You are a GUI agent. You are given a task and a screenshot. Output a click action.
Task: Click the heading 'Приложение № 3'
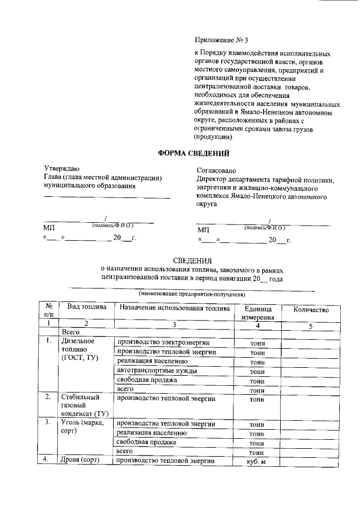click(220, 40)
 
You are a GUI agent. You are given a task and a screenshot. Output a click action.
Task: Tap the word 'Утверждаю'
click(62, 168)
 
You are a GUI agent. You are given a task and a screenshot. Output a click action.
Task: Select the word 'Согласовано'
click(216, 170)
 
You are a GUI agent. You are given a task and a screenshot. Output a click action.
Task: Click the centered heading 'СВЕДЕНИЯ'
click(192, 260)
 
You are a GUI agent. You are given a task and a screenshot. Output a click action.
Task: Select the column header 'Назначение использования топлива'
click(174, 308)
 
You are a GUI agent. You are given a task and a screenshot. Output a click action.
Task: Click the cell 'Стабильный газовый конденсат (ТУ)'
click(84, 406)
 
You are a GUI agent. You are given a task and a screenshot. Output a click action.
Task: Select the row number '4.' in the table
click(48, 460)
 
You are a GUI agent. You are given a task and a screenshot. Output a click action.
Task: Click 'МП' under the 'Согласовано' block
click(202, 230)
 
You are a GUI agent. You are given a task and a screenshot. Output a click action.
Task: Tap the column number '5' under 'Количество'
click(310, 326)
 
